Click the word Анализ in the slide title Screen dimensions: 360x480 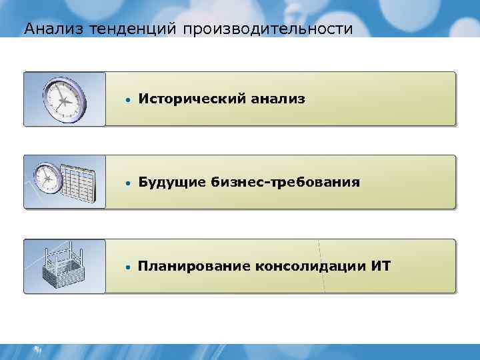pos(44,29)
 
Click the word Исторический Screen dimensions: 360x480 pos(193,99)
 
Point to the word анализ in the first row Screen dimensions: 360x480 pos(279,99)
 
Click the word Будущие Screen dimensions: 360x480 pos(172,183)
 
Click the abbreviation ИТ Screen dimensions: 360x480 pos(382,267)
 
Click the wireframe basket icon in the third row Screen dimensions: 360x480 pos(64,267)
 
